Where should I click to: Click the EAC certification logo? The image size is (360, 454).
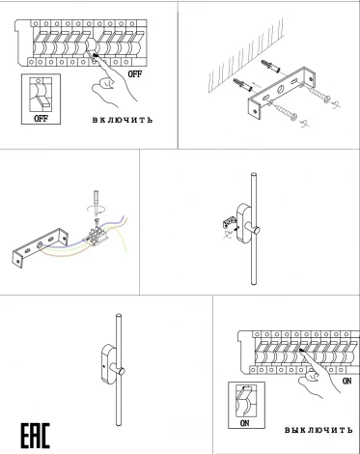coord(36,436)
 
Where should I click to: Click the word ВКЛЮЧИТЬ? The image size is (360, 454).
coord(123,120)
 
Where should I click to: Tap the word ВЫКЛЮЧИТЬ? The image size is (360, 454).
coord(318,430)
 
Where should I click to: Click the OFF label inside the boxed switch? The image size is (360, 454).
coord(41,119)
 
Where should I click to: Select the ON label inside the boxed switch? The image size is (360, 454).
coord(244,423)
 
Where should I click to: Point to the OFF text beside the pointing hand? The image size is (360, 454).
coord(135,74)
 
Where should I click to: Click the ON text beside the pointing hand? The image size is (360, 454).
coord(347,381)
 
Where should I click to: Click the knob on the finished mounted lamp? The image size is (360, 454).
coord(122,371)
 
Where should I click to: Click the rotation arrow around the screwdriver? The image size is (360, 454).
coord(96,209)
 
